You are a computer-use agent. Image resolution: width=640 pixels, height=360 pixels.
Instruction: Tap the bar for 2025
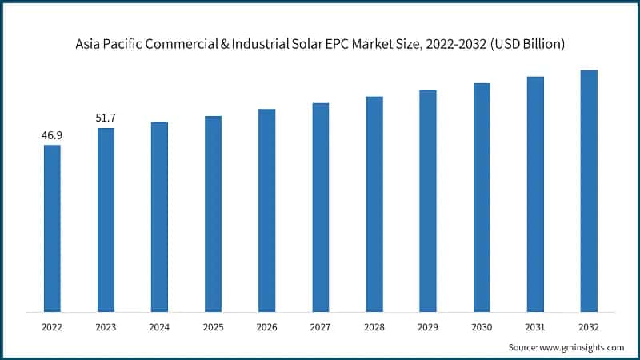213,214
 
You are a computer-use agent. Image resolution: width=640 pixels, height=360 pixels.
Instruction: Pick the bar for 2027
320,207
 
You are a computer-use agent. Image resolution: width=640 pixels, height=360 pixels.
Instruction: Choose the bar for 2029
428,201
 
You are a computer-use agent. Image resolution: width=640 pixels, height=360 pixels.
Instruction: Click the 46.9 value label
52,135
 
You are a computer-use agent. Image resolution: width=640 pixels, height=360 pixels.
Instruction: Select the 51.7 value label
106,118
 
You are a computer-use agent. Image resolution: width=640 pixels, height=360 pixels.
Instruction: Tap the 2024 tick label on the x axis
159,327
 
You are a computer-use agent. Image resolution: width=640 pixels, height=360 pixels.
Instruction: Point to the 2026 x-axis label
266,327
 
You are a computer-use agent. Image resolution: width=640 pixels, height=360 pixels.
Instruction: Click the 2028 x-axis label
374,327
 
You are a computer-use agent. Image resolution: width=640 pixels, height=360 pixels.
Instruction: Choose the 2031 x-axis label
535,327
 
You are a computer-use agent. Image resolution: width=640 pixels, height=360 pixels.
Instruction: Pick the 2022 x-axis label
52,327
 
